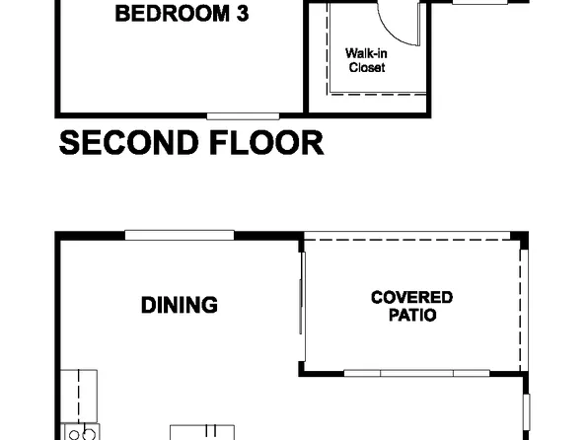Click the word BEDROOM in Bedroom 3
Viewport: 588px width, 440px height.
click(170, 15)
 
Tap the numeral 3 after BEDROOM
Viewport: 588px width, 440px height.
click(240, 15)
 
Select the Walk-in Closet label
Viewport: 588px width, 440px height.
click(364, 60)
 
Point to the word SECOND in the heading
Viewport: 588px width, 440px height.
click(122, 143)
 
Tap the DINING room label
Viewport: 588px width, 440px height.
click(179, 305)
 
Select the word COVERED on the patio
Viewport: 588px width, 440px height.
click(411, 297)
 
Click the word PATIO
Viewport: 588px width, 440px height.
click(412, 316)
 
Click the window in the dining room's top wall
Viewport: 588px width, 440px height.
click(179, 234)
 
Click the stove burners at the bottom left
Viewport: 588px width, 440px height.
click(79, 432)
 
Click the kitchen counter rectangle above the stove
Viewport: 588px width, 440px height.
click(79, 396)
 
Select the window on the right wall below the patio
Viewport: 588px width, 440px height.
click(526, 407)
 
